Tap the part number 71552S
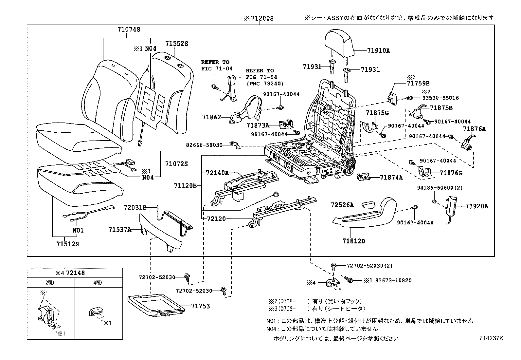(x=176, y=44)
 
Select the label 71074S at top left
(x=129, y=29)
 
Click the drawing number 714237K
(x=491, y=338)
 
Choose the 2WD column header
(x=50, y=283)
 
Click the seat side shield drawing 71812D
(x=363, y=213)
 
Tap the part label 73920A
(x=476, y=206)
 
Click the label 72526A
(x=342, y=205)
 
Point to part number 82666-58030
(x=204, y=145)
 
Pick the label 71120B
(x=185, y=186)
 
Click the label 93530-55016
(x=440, y=98)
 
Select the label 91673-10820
(x=393, y=280)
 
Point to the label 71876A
(x=474, y=129)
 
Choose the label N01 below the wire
(x=78, y=230)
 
